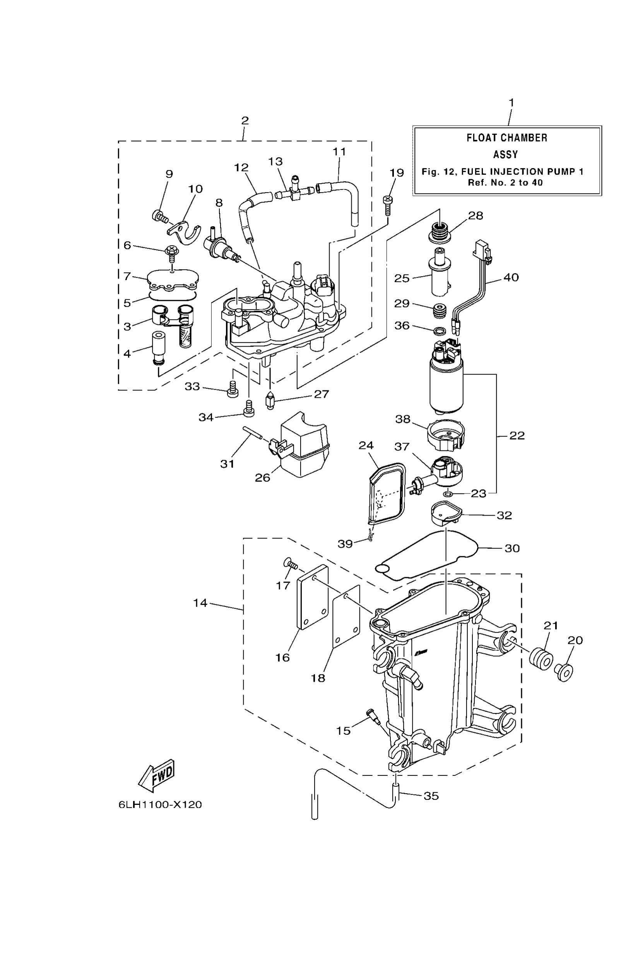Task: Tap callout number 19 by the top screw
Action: pos(397,173)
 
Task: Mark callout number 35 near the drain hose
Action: pos(431,796)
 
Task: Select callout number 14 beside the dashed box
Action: pos(200,603)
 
